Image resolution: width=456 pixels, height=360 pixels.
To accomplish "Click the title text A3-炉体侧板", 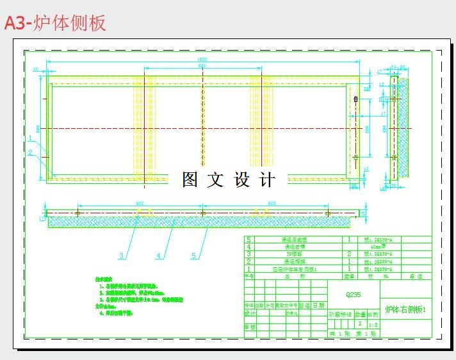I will pyautogui.click(x=55, y=23).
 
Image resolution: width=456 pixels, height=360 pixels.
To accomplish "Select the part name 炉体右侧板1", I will pyautogui.click(x=405, y=309).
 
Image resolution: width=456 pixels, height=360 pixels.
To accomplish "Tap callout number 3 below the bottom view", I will pyautogui.click(x=122, y=256).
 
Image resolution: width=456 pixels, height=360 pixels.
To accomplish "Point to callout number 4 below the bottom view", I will pyautogui.click(x=158, y=256).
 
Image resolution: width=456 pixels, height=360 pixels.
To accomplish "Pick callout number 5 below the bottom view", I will pyautogui.click(x=194, y=256).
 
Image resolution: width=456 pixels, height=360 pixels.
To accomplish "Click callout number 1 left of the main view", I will pyautogui.click(x=29, y=137).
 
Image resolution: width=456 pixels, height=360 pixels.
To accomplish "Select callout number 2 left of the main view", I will pyautogui.click(x=29, y=152).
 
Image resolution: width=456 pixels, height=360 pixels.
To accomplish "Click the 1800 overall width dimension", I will pyautogui.click(x=202, y=60).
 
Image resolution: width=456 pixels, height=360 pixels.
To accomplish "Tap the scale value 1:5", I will pyautogui.click(x=373, y=324).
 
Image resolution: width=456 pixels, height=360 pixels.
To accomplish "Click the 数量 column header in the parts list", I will pyautogui.click(x=349, y=276).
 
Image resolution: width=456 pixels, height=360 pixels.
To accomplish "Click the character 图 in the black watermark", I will pyautogui.click(x=190, y=180).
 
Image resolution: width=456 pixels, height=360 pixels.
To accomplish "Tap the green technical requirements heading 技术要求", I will pyautogui.click(x=105, y=280).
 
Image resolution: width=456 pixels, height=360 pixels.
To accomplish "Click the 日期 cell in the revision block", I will pyautogui.click(x=318, y=306).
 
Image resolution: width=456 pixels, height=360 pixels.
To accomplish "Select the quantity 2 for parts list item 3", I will pyautogui.click(x=349, y=254).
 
